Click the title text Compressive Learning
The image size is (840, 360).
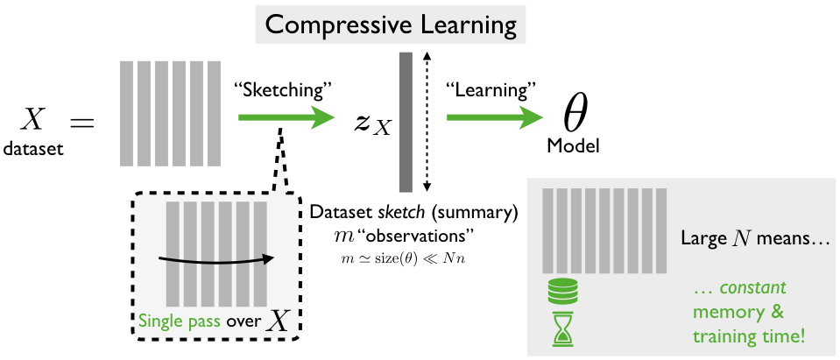tap(391, 24)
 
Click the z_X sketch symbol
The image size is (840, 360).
tap(372, 121)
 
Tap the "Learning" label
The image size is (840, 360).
tap(491, 88)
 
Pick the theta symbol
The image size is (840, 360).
tap(574, 114)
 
